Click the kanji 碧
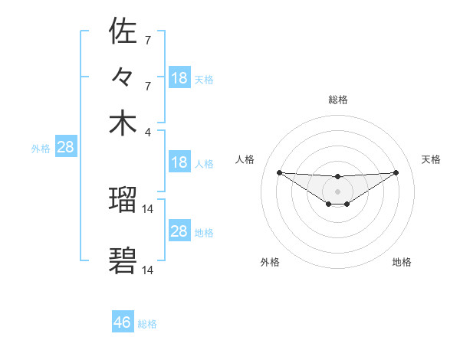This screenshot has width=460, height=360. click(123, 260)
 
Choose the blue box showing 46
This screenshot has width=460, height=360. click(123, 322)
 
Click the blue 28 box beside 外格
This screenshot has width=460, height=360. click(65, 147)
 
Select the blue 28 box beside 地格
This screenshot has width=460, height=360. click(179, 231)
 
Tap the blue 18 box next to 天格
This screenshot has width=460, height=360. click(179, 78)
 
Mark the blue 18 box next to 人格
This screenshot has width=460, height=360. click(179, 162)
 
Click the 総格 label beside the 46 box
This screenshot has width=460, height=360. click(147, 324)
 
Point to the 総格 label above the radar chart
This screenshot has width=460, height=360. click(337, 100)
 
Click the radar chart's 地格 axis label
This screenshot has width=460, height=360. click(402, 262)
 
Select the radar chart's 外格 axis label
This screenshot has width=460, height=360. click(270, 262)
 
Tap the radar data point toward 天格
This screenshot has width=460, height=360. click(396, 172)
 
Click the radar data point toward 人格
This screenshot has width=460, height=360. click(279, 172)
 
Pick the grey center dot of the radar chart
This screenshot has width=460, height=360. click(337, 191)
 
